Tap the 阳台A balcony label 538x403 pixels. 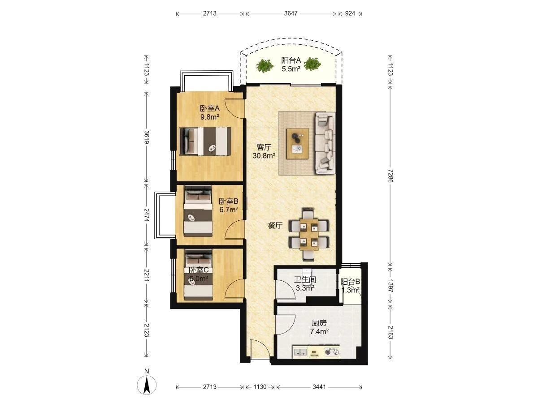[291, 60]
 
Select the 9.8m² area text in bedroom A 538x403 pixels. [209, 117]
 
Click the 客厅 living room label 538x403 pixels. [264, 147]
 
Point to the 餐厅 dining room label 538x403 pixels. [275, 226]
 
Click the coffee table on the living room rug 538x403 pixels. [298, 144]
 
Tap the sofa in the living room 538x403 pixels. [325, 143]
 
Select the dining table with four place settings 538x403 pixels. [309, 234]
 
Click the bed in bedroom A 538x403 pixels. [205, 141]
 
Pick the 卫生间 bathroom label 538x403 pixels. [305, 280]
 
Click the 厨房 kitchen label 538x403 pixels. [319, 323]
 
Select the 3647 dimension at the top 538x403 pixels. [291, 13]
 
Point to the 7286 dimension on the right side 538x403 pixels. [390, 176]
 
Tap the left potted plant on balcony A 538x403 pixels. [265, 65]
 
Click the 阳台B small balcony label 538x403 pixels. [350, 282]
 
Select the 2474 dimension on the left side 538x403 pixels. [147, 215]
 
